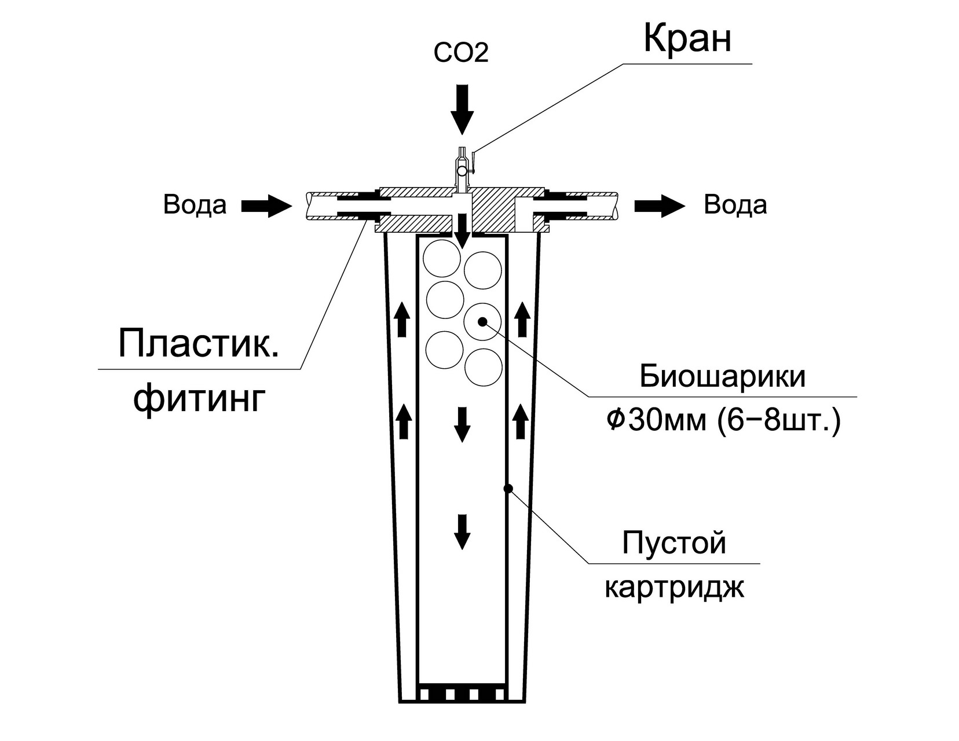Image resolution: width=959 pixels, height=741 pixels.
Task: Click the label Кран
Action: click(x=687, y=40)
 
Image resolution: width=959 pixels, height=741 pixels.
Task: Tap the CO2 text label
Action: click(x=462, y=53)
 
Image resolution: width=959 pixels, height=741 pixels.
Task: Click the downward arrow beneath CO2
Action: click(x=463, y=108)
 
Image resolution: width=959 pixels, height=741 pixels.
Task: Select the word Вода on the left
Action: click(x=195, y=205)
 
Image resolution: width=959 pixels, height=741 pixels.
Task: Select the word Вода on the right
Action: click(x=735, y=205)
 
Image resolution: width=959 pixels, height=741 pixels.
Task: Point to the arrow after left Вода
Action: click(x=266, y=206)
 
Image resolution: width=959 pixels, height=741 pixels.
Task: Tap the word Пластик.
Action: click(x=198, y=344)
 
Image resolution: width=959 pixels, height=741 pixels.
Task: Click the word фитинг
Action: click(x=199, y=398)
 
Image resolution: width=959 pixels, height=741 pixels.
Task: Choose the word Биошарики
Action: click(x=723, y=377)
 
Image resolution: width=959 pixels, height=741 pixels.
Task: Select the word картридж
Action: click(x=674, y=588)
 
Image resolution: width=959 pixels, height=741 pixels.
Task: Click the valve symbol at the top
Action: click(x=462, y=170)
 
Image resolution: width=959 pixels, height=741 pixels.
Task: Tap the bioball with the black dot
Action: click(x=483, y=321)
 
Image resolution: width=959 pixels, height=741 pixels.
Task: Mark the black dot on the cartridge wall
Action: click(x=508, y=489)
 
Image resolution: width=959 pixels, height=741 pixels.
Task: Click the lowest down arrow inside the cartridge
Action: click(x=462, y=531)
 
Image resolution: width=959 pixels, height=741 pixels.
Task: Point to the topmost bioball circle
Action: click(x=442, y=259)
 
